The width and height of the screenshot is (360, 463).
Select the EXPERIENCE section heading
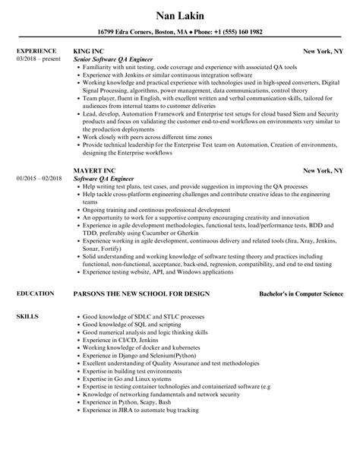click(x=37, y=52)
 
